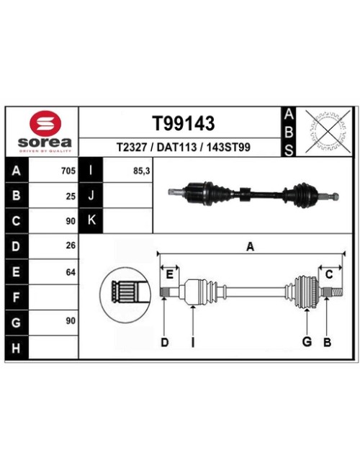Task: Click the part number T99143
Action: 184,123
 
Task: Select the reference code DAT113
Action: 176,147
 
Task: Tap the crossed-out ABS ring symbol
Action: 328,130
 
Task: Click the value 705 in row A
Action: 68,171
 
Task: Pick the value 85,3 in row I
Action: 142,171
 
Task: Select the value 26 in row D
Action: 71,246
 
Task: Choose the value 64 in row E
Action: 71,272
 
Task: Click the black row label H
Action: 17,348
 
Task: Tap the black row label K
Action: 91,220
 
